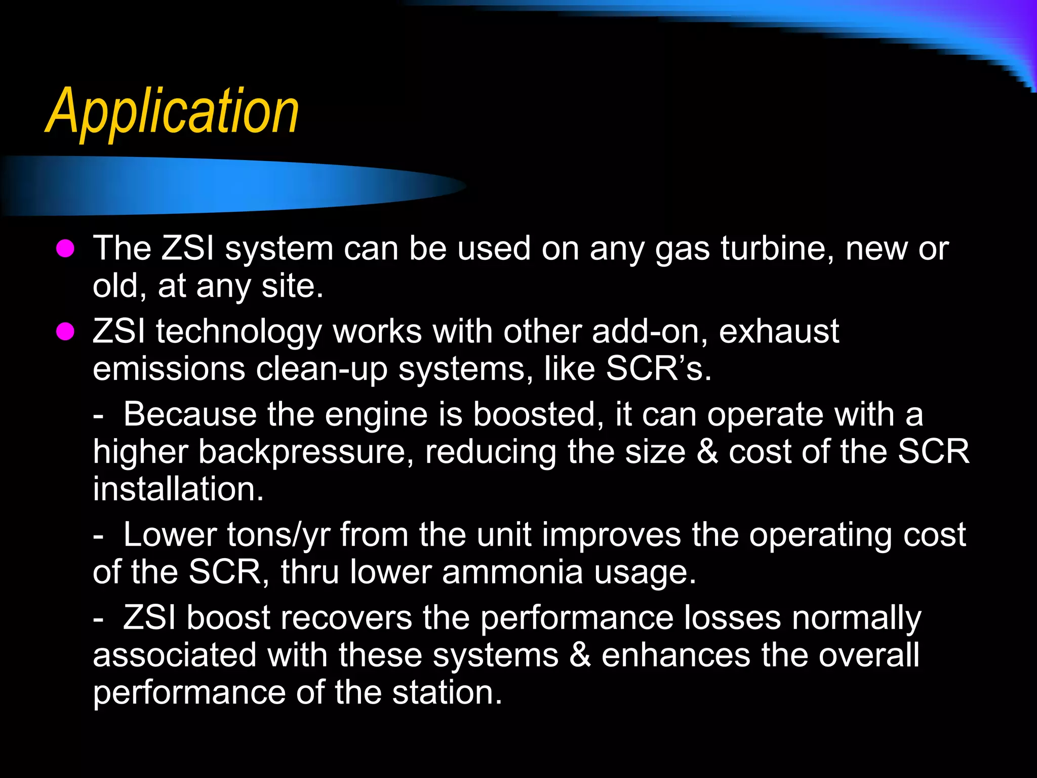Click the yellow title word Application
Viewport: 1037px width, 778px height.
[172, 111]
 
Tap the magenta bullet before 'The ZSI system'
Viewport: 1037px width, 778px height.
[65, 249]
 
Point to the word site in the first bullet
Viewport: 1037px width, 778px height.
[292, 286]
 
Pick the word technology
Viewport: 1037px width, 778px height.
[238, 333]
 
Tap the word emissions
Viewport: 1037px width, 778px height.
[169, 369]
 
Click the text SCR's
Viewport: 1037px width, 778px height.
[658, 369]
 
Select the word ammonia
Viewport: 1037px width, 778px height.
[512, 572]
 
